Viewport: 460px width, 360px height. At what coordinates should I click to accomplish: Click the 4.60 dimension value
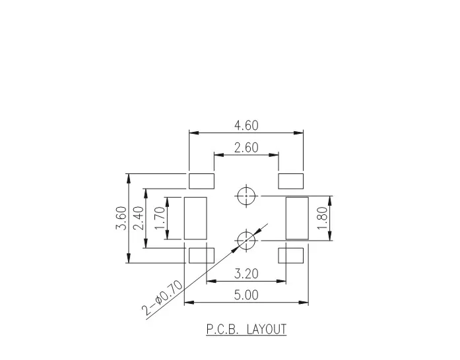[x=246, y=125]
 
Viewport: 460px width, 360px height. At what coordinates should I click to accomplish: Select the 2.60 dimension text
[x=246, y=148]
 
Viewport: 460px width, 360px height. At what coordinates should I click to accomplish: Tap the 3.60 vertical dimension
[x=121, y=218]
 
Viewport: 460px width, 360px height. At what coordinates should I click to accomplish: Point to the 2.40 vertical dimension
[x=138, y=218]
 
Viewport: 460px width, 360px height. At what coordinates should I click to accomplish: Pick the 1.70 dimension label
[x=159, y=218]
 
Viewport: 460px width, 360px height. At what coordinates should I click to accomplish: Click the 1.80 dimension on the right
[x=321, y=218]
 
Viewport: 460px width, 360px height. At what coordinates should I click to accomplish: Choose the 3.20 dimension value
[x=246, y=273]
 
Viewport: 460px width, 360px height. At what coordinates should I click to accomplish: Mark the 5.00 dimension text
[x=246, y=295]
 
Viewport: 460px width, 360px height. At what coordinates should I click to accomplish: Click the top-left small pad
[x=202, y=180]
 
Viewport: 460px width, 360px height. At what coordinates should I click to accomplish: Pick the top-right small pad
[x=290, y=180]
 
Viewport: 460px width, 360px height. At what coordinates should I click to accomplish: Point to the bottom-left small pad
[x=202, y=255]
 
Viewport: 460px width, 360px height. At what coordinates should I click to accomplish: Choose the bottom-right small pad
[x=290, y=255]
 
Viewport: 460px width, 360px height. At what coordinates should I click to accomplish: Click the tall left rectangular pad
[x=195, y=218]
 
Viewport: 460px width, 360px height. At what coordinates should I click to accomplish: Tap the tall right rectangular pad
[x=297, y=218]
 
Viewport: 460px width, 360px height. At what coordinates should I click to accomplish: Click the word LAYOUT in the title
[x=267, y=329]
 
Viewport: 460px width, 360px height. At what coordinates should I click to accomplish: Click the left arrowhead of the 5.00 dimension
[x=187, y=303]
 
